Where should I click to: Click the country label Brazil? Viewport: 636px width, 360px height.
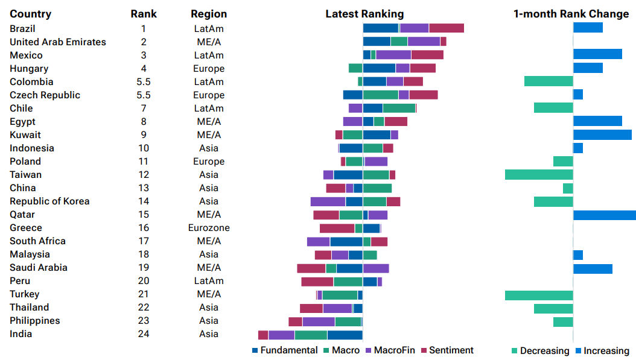coord(22,28)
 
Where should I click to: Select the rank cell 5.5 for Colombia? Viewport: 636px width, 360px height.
coord(144,81)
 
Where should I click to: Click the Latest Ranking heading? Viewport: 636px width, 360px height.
coord(364,14)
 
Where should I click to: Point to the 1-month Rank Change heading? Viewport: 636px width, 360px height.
coord(571,14)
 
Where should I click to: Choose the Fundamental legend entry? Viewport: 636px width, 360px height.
coord(284,350)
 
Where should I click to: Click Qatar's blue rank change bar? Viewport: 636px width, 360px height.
coord(604,215)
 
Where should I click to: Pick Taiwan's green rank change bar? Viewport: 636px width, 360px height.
coord(539,175)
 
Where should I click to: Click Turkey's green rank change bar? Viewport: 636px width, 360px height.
coord(539,294)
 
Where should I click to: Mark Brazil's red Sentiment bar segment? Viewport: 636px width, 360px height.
coord(447,28)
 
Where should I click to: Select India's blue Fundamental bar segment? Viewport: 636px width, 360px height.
coord(345,335)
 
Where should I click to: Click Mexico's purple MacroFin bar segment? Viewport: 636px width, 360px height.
coord(393,55)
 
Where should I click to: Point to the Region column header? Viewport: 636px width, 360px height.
coord(209,14)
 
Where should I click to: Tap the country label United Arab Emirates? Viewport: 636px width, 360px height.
coord(58,42)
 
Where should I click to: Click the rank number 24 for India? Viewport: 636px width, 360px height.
coord(144,333)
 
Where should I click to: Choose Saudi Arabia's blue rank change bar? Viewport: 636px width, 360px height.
coord(593,268)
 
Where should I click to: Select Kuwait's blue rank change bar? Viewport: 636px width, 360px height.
coord(602,134)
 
